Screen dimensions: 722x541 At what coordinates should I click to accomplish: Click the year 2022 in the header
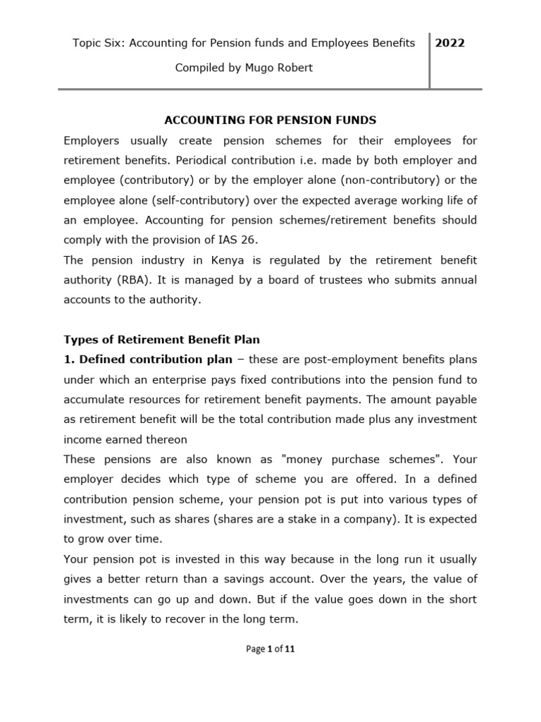pyautogui.click(x=450, y=43)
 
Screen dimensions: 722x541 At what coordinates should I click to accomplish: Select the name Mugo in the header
pyautogui.click(x=256, y=68)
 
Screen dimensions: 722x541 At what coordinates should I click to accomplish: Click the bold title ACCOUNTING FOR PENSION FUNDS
pyautogui.click(x=270, y=120)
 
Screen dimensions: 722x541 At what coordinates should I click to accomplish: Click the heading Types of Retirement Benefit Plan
pyautogui.click(x=162, y=339)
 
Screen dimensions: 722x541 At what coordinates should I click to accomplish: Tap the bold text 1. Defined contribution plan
pyautogui.click(x=148, y=360)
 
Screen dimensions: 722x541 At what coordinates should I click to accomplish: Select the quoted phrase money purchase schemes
pyautogui.click(x=362, y=459)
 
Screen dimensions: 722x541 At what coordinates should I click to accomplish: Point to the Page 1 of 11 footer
pyautogui.click(x=270, y=649)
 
